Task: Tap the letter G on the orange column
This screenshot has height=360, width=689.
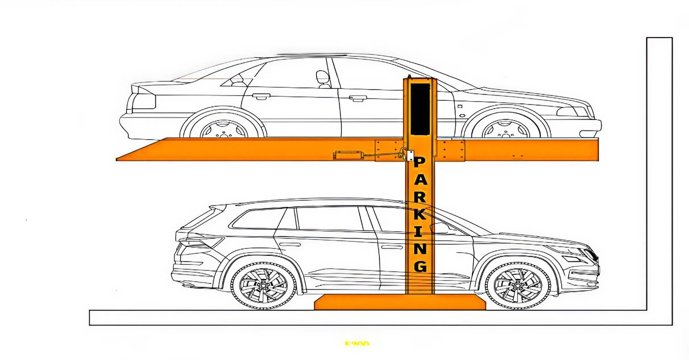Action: click(420, 265)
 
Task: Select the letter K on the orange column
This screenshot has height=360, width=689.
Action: click(420, 214)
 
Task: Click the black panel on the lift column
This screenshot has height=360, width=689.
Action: click(420, 109)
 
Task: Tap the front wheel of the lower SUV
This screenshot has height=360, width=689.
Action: click(518, 285)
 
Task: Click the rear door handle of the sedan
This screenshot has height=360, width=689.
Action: click(261, 96)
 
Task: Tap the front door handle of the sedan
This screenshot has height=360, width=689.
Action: click(358, 99)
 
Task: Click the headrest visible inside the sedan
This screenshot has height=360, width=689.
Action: click(322, 78)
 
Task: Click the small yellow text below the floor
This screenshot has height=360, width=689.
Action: click(357, 344)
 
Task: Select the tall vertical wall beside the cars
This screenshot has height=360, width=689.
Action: click(659, 172)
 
